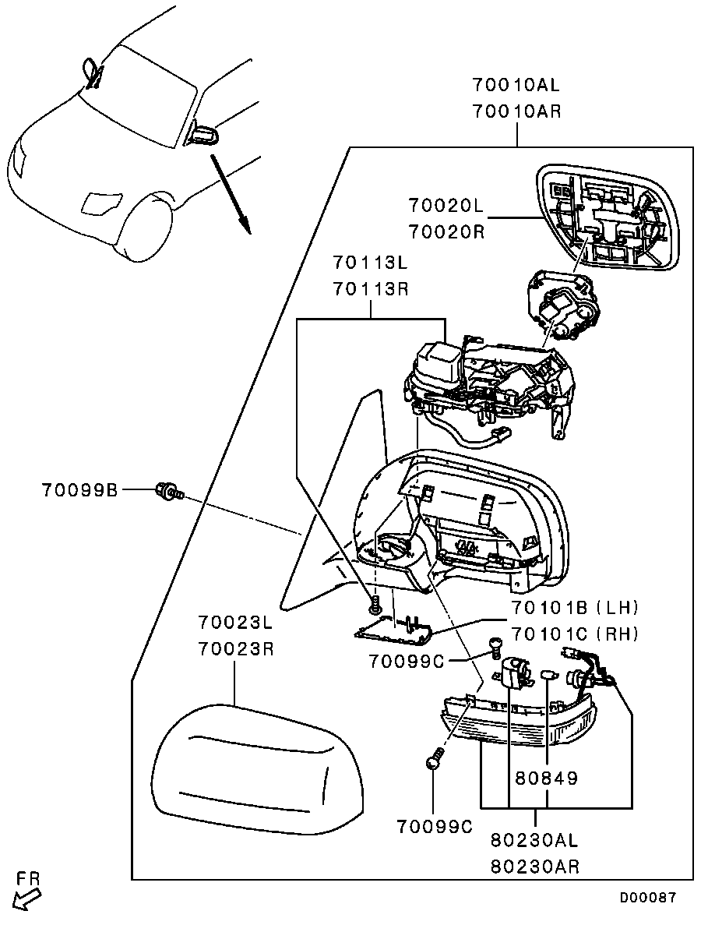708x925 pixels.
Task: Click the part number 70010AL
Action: [x=516, y=84]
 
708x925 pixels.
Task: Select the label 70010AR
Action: [x=516, y=111]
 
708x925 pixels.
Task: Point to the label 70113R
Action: [x=370, y=289]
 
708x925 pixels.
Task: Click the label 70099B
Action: [x=80, y=490]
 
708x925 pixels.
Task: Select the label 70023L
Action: [x=235, y=623]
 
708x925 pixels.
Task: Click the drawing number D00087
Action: [x=648, y=898]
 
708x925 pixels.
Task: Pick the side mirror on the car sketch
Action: [x=204, y=135]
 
